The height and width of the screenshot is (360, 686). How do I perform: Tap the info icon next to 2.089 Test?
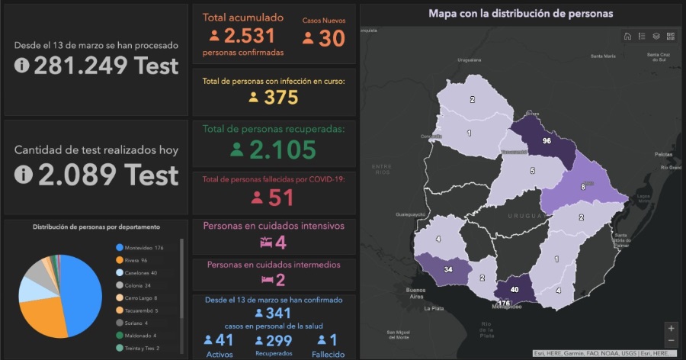pos(23,175)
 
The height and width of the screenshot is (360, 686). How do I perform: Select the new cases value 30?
pos(332,38)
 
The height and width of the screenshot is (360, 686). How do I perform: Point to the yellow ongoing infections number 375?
pos(280,98)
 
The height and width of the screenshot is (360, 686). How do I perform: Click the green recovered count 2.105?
pos(281,150)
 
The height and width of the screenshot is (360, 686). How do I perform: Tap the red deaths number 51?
pos(281,198)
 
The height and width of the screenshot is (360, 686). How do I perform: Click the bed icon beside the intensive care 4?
pos(266,243)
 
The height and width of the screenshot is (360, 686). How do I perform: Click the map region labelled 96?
pos(546,141)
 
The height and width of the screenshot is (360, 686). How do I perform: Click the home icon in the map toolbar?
pos(627,36)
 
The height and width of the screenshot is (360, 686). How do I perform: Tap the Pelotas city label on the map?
pos(664,154)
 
